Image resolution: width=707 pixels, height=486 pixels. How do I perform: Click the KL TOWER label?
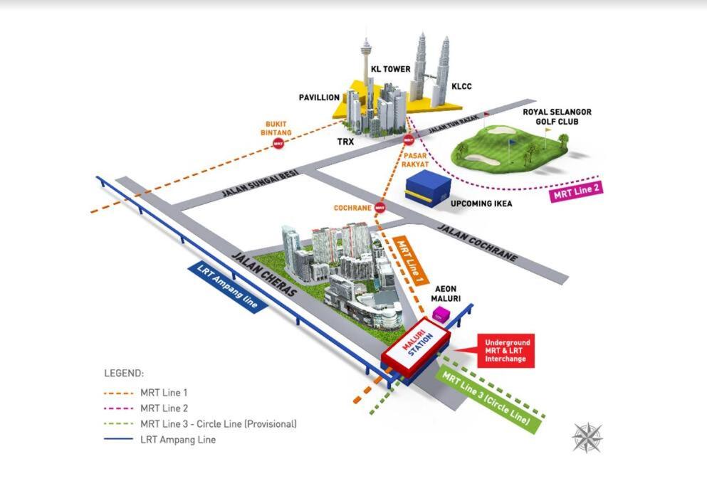(390, 69)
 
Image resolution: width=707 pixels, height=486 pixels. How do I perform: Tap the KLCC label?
(461, 86)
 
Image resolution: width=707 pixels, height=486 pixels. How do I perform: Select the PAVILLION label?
(318, 97)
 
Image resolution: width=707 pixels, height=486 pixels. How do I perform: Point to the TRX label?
(346, 142)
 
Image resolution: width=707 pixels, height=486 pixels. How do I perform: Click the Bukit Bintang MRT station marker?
(278, 144)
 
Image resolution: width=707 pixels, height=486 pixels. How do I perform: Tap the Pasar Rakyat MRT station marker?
(409, 141)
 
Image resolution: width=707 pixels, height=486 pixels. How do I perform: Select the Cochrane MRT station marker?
(380, 208)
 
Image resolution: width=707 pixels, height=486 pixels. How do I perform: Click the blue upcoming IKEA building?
(428, 191)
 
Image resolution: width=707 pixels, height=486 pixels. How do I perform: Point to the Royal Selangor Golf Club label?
(557, 117)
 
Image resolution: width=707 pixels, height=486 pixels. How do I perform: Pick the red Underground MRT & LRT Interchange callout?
(506, 352)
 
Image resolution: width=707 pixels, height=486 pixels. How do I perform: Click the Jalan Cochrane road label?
(476, 243)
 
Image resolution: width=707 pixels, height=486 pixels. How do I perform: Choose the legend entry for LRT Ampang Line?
(177, 439)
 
